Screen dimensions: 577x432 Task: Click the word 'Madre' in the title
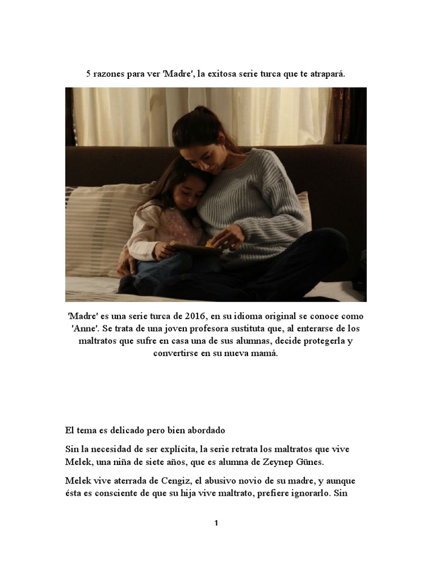point(177,74)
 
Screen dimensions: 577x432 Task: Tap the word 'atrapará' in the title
point(326,74)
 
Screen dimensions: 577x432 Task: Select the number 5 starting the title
point(88,74)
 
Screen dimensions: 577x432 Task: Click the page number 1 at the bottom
point(216,523)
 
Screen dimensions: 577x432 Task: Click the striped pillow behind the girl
point(101,225)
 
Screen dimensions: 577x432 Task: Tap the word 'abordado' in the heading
point(202,430)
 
